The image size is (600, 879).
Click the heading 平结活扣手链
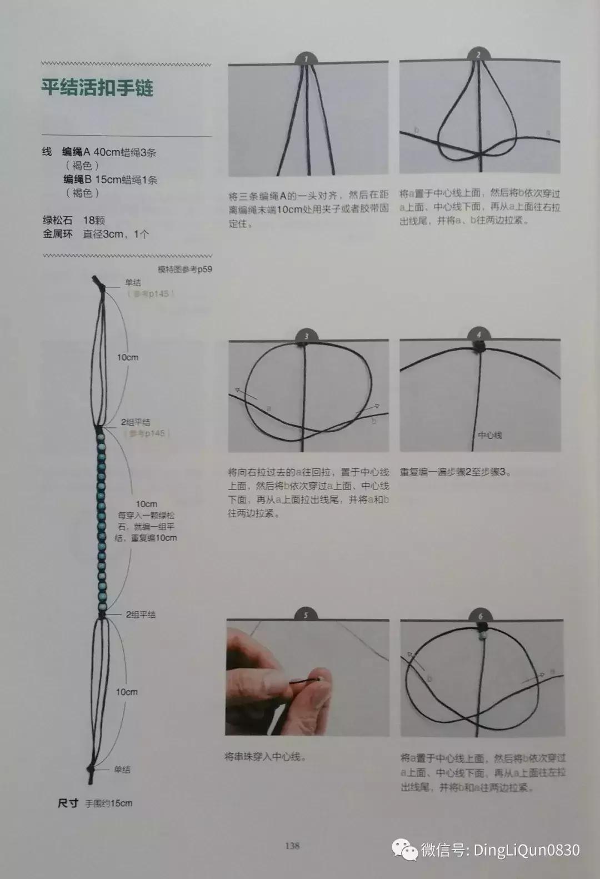tap(97, 88)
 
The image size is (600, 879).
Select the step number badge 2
tap(478, 54)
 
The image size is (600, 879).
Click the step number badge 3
tap(306, 336)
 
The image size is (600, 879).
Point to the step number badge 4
tap(478, 334)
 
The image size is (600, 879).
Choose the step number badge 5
tap(306, 615)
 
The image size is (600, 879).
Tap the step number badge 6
tap(481, 616)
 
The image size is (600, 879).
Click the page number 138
tap(292, 846)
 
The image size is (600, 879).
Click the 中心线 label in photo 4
tap(490, 435)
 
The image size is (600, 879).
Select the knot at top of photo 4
tap(478, 347)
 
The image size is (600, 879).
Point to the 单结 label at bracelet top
tap(133, 282)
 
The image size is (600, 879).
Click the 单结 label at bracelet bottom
tap(122, 770)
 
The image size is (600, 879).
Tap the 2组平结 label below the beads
tap(141, 615)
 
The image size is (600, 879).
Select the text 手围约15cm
tap(109, 803)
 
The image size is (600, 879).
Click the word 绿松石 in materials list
tap(57, 220)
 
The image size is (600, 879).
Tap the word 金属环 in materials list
tap(57, 234)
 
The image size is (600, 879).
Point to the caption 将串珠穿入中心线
tap(265, 757)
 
